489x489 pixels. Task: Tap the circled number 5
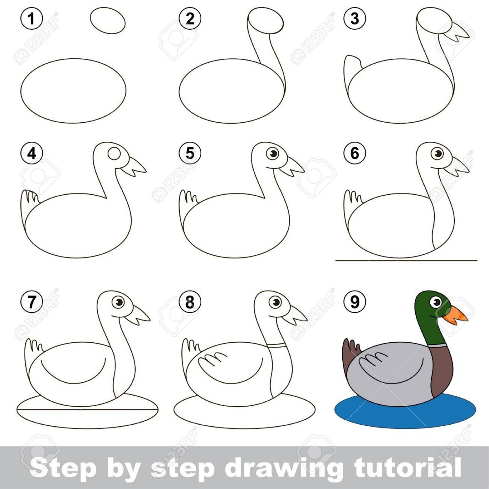pyautogui.click(x=190, y=154)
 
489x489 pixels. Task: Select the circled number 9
pyautogui.click(x=355, y=302)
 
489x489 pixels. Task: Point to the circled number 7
pyautogui.click(x=31, y=302)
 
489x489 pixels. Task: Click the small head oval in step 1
pyautogui.click(x=108, y=20)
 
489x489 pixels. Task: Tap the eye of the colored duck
pyautogui.click(x=436, y=302)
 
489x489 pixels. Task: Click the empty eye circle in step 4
pyautogui.click(x=113, y=154)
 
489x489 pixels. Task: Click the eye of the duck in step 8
pyautogui.click(x=275, y=302)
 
